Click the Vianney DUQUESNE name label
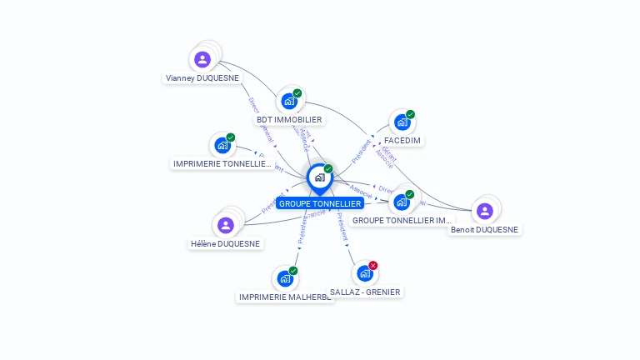(202, 78)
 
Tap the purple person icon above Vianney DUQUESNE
(202, 59)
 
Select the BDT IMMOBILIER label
(289, 119)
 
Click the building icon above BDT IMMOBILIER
(288, 102)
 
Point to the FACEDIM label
(402, 140)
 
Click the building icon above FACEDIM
(402, 122)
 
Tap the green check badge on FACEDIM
(410, 115)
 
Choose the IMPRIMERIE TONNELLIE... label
(222, 164)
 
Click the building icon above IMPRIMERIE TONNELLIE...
(222, 145)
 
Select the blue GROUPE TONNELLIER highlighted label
(320, 203)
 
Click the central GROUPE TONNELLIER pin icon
(319, 177)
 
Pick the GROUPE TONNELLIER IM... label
(402, 221)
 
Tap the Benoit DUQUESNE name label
(484, 229)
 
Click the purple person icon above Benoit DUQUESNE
(484, 211)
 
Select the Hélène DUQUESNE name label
(225, 244)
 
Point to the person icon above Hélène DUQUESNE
(225, 225)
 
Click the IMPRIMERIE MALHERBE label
(285, 297)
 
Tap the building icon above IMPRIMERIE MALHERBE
(285, 278)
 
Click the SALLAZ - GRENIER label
(365, 292)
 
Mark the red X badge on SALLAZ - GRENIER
(372, 265)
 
